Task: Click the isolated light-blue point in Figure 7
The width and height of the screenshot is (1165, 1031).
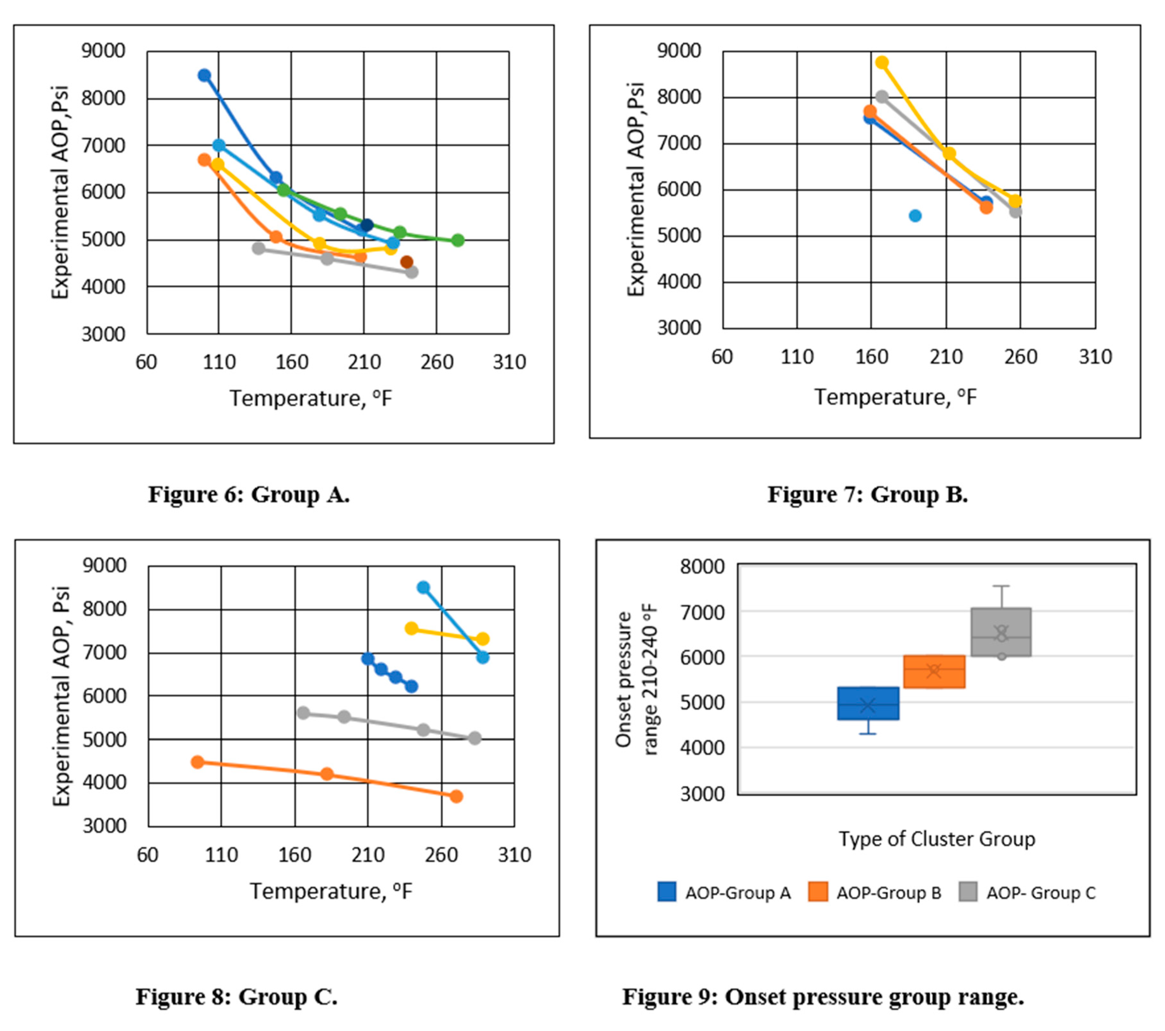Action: [x=915, y=215]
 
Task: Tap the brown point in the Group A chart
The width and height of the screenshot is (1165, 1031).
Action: [x=406, y=262]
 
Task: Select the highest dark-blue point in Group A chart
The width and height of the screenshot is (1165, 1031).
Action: [x=204, y=75]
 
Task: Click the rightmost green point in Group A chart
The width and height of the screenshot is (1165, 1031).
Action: [x=458, y=241]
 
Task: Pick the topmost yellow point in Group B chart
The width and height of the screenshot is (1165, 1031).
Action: [x=882, y=62]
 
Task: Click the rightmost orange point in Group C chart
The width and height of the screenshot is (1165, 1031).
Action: [x=456, y=796]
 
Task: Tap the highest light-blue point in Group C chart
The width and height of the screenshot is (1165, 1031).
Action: [x=423, y=587]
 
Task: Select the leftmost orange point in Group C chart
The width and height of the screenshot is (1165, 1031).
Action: [x=197, y=762]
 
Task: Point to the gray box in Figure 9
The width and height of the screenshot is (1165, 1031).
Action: [x=1001, y=632]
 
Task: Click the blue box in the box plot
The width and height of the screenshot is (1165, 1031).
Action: [x=868, y=703]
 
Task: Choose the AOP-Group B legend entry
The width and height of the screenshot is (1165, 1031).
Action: [x=875, y=893]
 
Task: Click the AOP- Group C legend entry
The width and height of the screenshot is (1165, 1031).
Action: [x=1027, y=893]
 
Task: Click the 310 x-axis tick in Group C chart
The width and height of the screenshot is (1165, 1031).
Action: [x=514, y=855]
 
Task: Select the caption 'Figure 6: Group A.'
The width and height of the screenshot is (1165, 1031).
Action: [x=249, y=495]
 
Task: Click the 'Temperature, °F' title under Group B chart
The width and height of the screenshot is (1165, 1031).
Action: [x=895, y=397]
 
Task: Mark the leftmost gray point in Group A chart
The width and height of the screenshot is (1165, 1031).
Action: [x=258, y=248]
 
